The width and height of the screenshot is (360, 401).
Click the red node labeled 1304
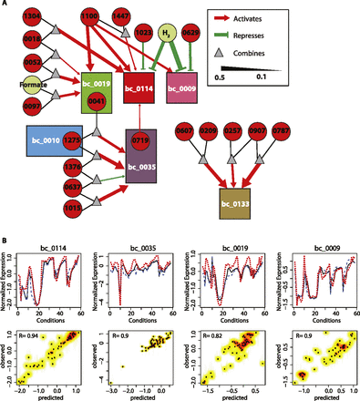(x=30, y=19)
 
